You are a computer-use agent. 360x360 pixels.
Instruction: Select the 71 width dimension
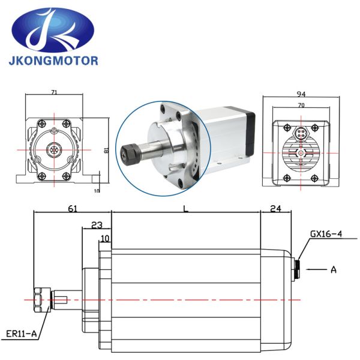pos(54,93)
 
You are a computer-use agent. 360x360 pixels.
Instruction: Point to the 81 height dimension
pos(106,151)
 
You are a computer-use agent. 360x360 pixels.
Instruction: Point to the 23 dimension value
pos(96,225)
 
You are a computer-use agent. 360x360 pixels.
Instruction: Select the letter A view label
pos(333,269)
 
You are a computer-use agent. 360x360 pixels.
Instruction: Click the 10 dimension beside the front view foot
pos(97,190)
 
